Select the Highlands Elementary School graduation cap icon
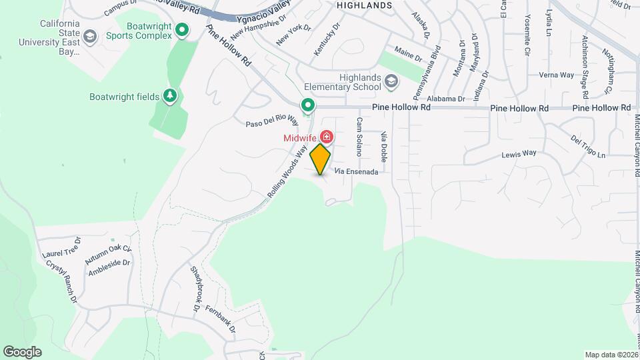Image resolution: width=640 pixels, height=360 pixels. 391,81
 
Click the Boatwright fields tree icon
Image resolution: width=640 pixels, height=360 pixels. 171,97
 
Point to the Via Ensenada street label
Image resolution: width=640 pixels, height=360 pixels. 357,172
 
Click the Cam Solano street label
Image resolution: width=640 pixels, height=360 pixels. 359,137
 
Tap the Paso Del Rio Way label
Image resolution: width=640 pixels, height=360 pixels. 271,120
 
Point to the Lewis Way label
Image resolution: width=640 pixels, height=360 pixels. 519,153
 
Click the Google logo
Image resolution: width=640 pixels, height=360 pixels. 22,352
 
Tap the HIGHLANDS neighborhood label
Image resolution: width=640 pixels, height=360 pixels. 364,5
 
